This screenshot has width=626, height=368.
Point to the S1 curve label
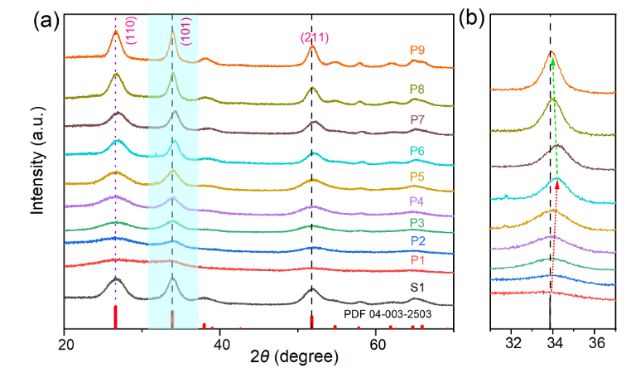click(x=418, y=288)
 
